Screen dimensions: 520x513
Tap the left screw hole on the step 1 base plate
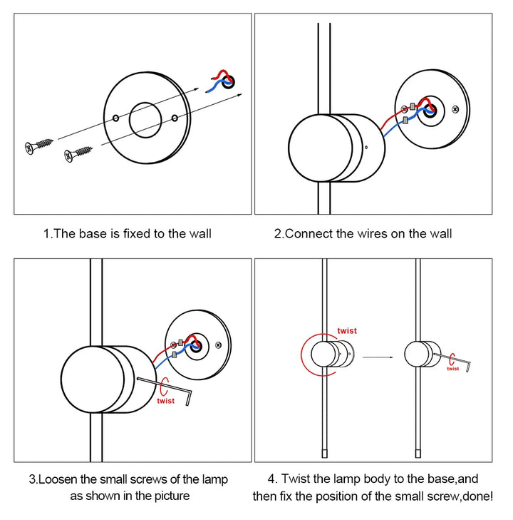[115, 116]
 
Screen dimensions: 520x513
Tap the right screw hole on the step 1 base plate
[175, 116]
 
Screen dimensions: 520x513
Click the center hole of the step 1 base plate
[146, 119]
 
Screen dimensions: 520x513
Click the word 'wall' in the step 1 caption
[197, 233]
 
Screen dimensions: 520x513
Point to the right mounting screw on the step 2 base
[456, 110]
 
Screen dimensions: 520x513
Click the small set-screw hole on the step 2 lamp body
[364, 148]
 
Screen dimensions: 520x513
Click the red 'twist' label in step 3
[165, 401]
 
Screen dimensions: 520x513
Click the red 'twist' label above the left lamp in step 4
[347, 331]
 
